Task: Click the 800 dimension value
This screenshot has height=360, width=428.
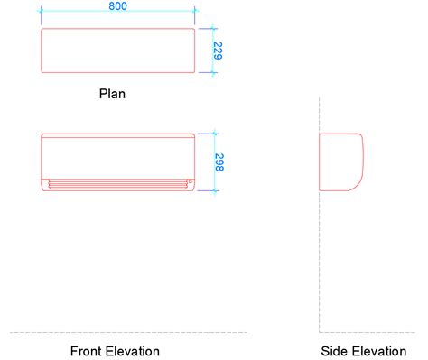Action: tap(117, 6)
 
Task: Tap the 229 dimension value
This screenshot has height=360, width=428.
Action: tap(218, 51)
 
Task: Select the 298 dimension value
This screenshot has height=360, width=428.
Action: tap(219, 162)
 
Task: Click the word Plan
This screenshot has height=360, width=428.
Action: tap(112, 92)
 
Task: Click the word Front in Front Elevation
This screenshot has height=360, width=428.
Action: tap(86, 351)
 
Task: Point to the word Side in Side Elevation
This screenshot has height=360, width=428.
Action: tap(333, 351)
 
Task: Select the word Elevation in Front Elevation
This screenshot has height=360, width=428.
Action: tap(132, 351)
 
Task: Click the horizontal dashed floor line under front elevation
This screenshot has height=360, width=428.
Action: tap(126, 332)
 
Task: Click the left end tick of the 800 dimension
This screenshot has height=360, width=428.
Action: tap(42, 14)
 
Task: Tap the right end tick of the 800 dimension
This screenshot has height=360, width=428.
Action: tap(195, 14)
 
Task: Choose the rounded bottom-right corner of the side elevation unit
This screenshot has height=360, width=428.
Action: tap(358, 186)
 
